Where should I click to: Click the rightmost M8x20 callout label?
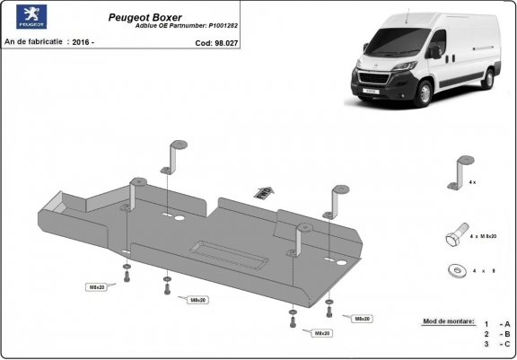tap(362, 319)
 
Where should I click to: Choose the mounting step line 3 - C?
tap(497, 344)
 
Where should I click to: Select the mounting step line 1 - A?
tap(497, 322)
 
